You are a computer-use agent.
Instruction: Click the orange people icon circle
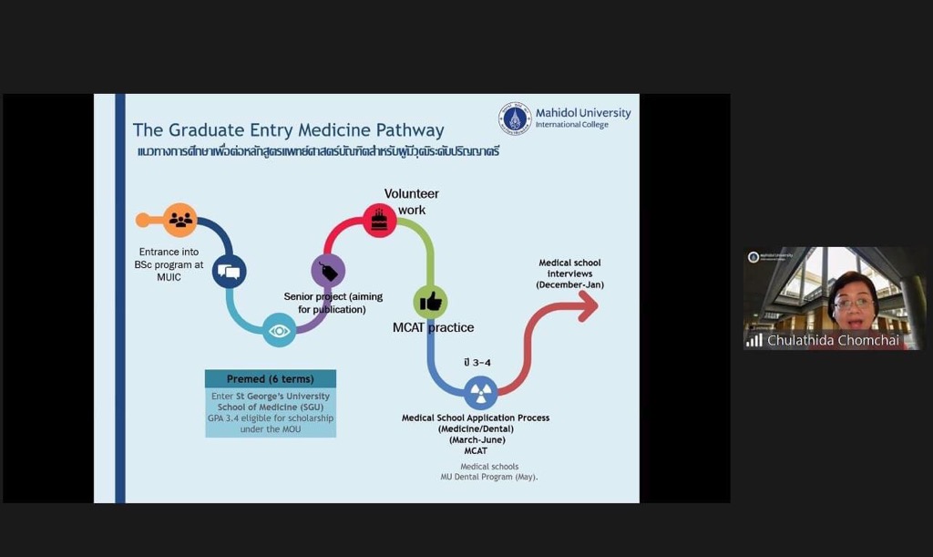(x=180, y=220)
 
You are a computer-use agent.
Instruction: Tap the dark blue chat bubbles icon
(x=229, y=271)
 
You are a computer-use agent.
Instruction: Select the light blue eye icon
(x=280, y=330)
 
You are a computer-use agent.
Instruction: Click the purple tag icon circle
(x=328, y=271)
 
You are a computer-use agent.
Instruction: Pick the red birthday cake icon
(x=379, y=220)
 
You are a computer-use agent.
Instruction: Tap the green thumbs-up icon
(x=430, y=301)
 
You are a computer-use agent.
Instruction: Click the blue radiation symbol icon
(x=480, y=393)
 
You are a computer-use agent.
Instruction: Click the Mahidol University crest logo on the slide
(x=515, y=119)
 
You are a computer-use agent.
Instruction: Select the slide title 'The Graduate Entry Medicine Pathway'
(x=289, y=130)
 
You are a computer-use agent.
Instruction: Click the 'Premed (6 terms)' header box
(x=271, y=378)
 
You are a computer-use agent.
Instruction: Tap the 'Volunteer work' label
(x=411, y=201)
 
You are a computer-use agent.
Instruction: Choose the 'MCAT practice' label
(x=433, y=327)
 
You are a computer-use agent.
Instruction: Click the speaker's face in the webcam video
(x=853, y=301)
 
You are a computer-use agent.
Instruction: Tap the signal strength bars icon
(x=754, y=340)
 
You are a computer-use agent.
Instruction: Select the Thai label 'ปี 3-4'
(x=477, y=363)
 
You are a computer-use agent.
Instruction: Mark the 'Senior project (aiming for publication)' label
(x=333, y=303)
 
